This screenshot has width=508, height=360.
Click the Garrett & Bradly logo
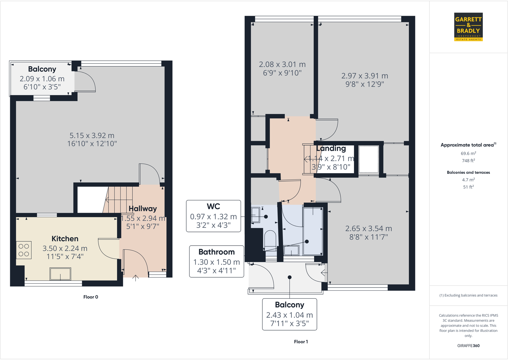pos(468,27)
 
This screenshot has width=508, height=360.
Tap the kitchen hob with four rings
pos(24,250)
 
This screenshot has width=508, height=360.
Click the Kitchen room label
pos(65,239)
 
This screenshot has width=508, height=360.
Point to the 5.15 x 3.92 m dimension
pos(92,135)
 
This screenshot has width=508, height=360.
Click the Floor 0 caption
pos(91,297)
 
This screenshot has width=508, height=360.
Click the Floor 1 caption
pos(301,342)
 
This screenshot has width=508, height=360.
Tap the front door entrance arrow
pos(135,278)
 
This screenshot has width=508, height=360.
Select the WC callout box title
pos(213,206)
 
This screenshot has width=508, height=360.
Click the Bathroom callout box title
pos(217,252)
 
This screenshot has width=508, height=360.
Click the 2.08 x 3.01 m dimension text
pos(282,65)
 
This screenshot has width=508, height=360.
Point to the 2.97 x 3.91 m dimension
pos(365,76)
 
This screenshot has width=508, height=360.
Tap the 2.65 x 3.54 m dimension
pos(368,229)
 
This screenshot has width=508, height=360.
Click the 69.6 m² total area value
pos(468,153)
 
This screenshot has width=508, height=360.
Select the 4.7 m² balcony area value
pos(468,180)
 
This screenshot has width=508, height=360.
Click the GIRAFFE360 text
pos(468,346)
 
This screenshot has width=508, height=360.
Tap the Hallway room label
pos(142,209)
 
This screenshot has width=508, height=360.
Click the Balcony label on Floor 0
pos(42,69)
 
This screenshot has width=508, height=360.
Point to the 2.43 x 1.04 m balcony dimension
pos(289,315)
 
